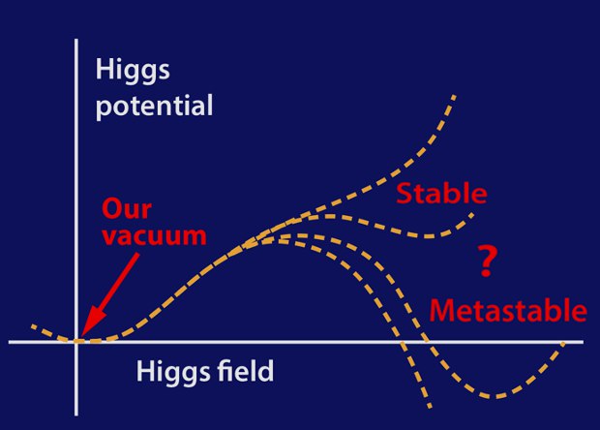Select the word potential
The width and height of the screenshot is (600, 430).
154,106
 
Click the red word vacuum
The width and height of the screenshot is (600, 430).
154,236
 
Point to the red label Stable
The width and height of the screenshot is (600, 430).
441,193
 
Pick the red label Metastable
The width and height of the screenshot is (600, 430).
508,310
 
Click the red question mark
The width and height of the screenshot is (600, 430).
487,261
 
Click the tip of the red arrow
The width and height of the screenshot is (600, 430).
81,337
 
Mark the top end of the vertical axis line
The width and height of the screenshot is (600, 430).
76,40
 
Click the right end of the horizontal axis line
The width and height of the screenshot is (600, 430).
584,342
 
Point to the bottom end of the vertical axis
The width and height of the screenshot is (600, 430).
76,415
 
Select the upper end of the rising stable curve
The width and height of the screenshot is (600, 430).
455,96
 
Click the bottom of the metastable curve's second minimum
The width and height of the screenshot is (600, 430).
496,396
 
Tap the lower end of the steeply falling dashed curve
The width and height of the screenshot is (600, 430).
430,407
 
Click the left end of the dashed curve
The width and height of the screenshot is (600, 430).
33,325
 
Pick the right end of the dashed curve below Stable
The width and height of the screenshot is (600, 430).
473,214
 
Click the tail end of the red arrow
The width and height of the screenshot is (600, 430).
137,254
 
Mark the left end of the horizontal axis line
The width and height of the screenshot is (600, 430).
9,342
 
